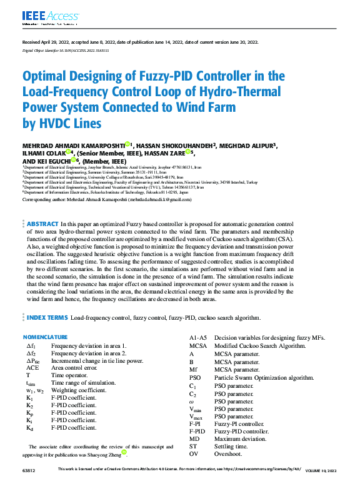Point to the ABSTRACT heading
tap(42, 223)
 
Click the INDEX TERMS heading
tap(47, 318)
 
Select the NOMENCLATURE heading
tap(49, 338)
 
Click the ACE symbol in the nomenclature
tap(32, 368)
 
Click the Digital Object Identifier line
tap(66, 50)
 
